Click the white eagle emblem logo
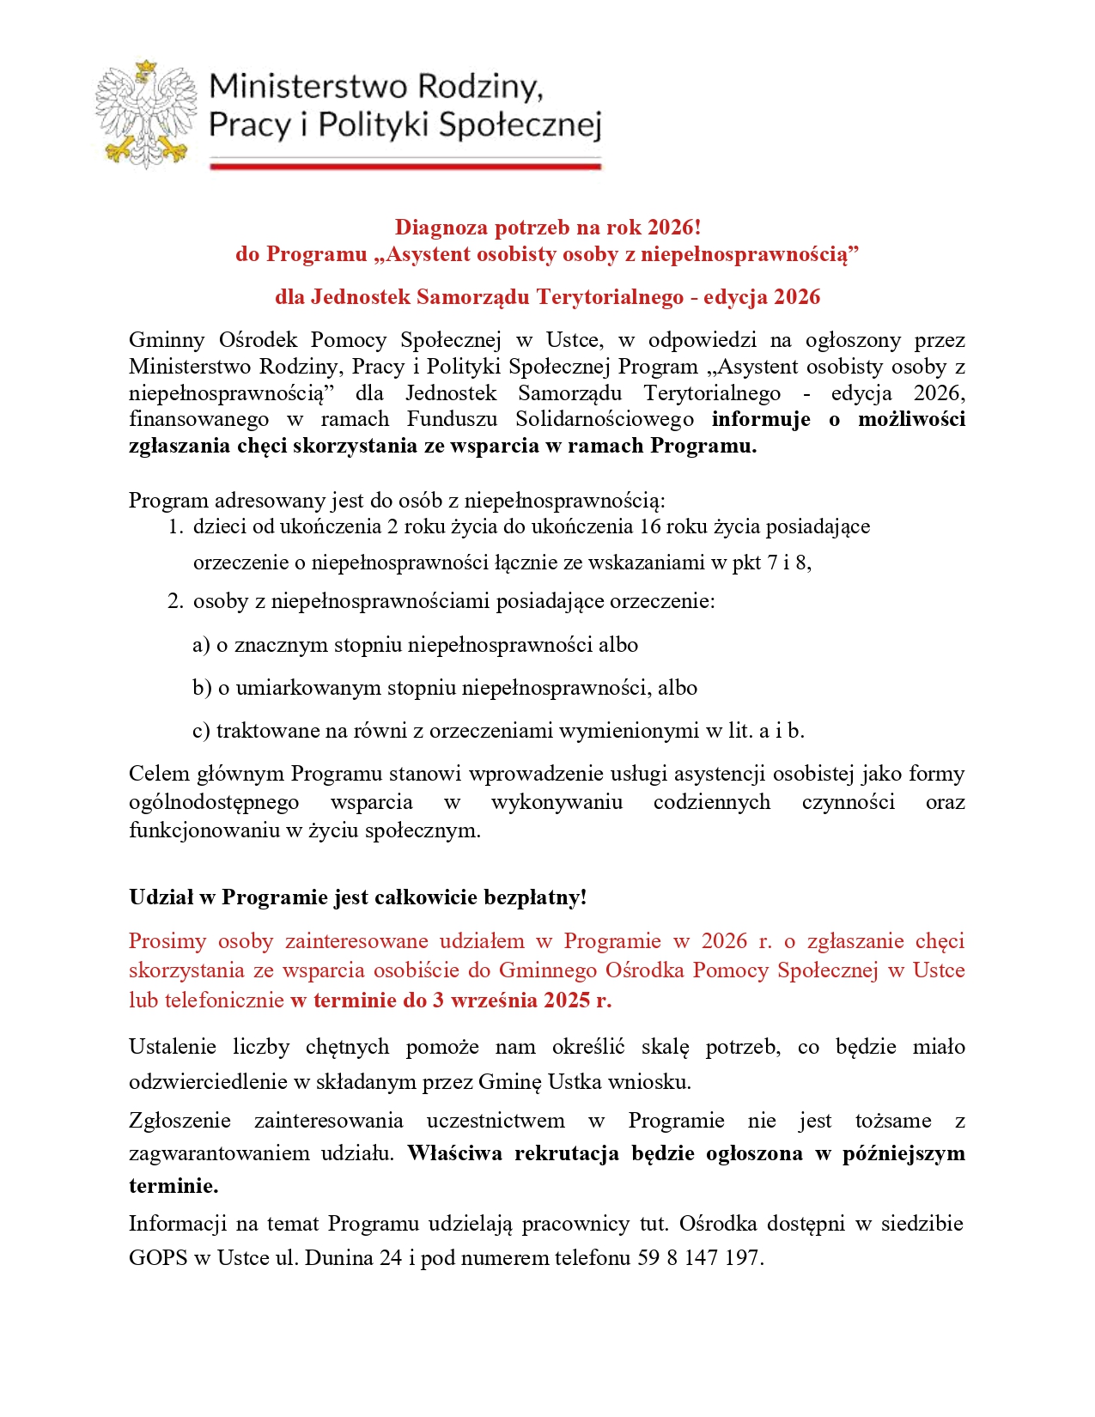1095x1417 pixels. pyautogui.click(x=145, y=113)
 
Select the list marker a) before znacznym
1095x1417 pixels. pyautogui.click(x=201, y=645)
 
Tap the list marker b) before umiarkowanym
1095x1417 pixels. pyautogui.click(x=202, y=688)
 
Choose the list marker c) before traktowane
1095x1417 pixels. pyautogui.click(x=201, y=731)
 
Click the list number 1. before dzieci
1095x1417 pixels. pyautogui.click(x=175, y=526)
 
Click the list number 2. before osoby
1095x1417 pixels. pyautogui.click(x=175, y=601)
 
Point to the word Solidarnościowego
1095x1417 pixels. pyautogui.click(x=605, y=419)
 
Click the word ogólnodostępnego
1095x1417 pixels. pyautogui.click(x=214, y=802)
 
